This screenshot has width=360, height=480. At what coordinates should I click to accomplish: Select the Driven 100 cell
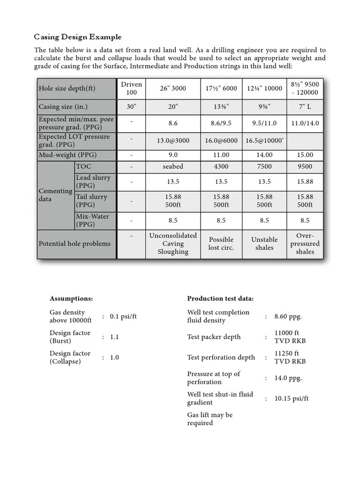[131, 89]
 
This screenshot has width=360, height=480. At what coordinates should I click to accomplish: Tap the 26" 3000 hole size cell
[173, 89]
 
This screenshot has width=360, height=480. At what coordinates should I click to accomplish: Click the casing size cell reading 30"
[131, 106]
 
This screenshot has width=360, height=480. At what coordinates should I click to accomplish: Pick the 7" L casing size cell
[305, 106]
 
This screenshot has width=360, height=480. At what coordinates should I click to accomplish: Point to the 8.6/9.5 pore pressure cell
[221, 123]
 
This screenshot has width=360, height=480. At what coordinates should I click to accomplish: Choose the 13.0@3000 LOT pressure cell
[173, 140]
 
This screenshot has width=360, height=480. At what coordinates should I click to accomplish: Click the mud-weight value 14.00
[264, 155]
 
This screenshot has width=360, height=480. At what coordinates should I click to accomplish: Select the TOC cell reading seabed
[173, 166]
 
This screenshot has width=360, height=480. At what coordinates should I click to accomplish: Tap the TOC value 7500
[264, 166]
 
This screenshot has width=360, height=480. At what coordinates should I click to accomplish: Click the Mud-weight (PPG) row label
[67, 155]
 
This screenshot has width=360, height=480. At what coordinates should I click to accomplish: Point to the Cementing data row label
[55, 195]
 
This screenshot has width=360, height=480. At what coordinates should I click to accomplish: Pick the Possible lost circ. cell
[221, 243]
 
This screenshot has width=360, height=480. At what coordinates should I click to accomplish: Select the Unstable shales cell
[264, 243]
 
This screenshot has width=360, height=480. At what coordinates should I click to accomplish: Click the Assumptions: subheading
[71, 299]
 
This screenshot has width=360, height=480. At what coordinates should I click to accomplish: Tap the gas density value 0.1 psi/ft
[123, 316]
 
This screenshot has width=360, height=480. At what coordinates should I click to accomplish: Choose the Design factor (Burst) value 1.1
[114, 337]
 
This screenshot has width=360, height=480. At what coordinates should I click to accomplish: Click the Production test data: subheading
[220, 299]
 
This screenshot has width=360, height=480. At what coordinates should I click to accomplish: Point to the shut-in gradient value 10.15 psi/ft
[292, 398]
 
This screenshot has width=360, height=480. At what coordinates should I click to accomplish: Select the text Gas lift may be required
[210, 419]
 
